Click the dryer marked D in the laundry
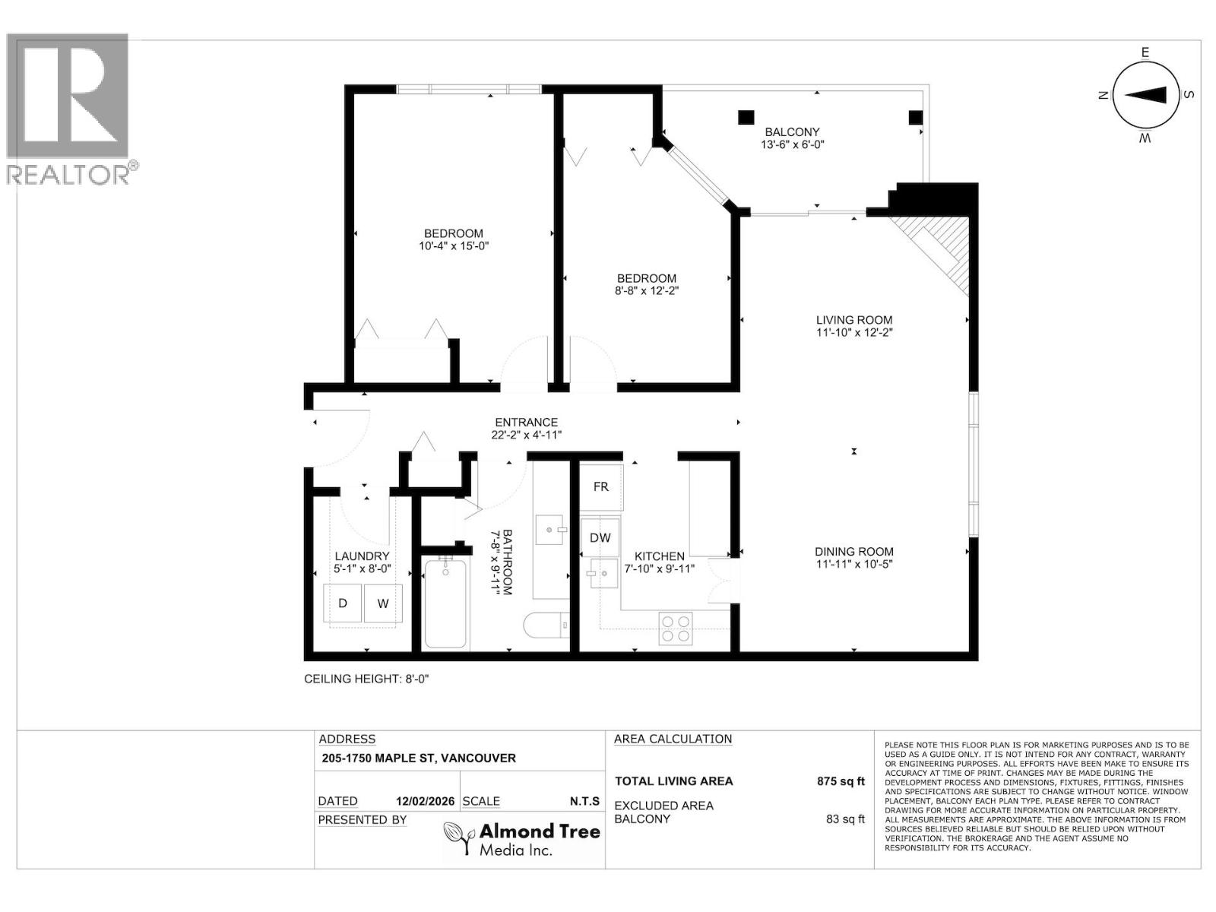click(343, 603)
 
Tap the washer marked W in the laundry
click(383, 603)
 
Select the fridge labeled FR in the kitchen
click(601, 486)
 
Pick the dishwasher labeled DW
click(600, 537)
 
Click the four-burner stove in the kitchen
click(676, 629)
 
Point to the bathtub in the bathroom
click(445, 603)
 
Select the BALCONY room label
click(792, 131)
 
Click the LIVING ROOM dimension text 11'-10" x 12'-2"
click(854, 333)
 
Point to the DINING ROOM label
click(854, 552)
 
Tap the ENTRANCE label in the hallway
click(526, 423)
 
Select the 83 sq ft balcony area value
click(845, 819)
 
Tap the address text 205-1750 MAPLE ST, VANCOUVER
click(419, 758)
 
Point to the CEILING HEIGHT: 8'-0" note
click(366, 679)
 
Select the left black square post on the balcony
click(746, 117)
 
